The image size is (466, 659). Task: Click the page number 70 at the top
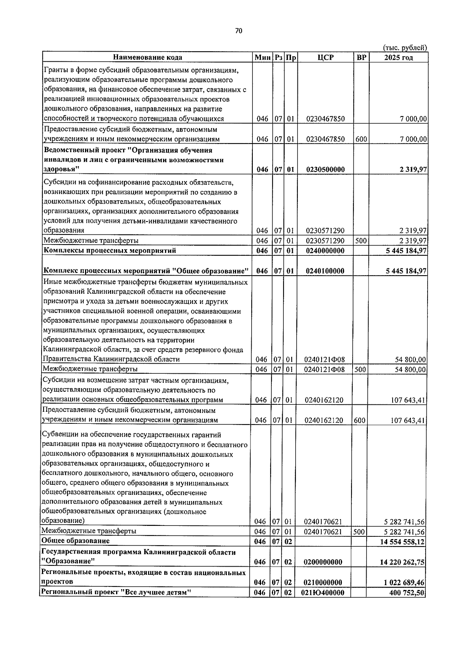pyautogui.click(x=238, y=31)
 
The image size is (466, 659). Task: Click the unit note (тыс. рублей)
pyautogui.click(x=405, y=47)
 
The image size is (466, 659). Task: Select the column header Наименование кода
pyautogui.click(x=148, y=57)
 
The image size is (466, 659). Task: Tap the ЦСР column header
pyautogui.click(x=325, y=57)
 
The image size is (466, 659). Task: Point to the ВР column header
pyautogui.click(x=361, y=57)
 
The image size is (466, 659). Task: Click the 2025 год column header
pyautogui.click(x=398, y=57)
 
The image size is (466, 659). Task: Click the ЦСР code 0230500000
pyautogui.click(x=325, y=170)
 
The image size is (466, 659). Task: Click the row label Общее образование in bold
pyautogui.click(x=76, y=541)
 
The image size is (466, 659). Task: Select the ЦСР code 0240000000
pyautogui.click(x=325, y=251)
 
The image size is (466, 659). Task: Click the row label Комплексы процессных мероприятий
pyautogui.click(x=110, y=250)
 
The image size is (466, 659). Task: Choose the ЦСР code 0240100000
pyautogui.click(x=325, y=271)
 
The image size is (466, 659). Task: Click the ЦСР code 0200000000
pyautogui.click(x=323, y=562)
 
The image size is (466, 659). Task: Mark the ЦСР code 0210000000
pyautogui.click(x=323, y=583)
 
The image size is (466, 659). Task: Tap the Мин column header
pyautogui.click(x=263, y=57)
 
